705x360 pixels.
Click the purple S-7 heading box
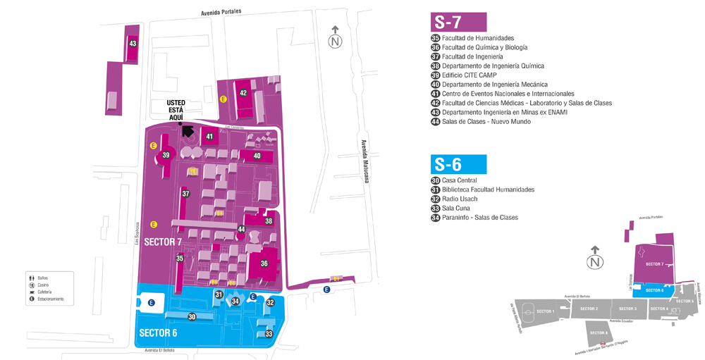[x=458, y=22]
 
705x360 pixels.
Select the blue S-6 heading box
[x=458, y=164]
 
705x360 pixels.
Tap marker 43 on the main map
[x=133, y=44]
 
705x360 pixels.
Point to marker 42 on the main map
[x=243, y=93]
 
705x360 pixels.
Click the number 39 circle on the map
[x=166, y=155]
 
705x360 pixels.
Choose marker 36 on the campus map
[x=264, y=263]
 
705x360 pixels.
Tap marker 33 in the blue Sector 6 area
[x=269, y=334]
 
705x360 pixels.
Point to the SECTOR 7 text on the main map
[x=163, y=242]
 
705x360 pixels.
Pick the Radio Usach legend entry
[x=460, y=199]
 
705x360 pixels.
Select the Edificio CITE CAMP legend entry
[x=469, y=75]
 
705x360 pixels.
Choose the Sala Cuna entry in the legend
[x=457, y=209]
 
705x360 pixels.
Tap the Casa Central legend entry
[x=459, y=180]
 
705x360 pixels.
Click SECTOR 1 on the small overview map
[x=545, y=311]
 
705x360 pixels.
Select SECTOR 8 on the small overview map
[x=598, y=333]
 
